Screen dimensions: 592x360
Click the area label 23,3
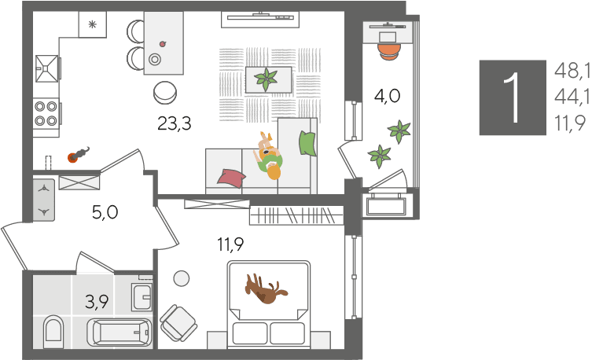[175, 123]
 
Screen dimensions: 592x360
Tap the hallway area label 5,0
[105, 212]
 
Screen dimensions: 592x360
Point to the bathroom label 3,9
[97, 302]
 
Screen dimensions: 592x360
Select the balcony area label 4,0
[387, 96]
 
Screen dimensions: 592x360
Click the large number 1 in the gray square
[513, 97]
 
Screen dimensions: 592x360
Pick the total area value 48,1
[572, 71]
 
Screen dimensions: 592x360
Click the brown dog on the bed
[266, 289]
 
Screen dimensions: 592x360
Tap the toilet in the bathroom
[53, 332]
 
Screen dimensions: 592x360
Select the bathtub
[120, 332]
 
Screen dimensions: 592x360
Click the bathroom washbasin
[142, 297]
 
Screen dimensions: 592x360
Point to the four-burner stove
[46, 113]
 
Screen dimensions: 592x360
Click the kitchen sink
[47, 68]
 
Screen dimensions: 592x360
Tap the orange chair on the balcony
[389, 52]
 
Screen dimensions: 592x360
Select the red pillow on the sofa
[231, 178]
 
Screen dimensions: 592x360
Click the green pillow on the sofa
[307, 143]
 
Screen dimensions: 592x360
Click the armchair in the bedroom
[178, 322]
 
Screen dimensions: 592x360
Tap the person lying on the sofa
[270, 156]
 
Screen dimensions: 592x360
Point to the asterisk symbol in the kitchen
[92, 24]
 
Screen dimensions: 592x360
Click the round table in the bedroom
[182, 278]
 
